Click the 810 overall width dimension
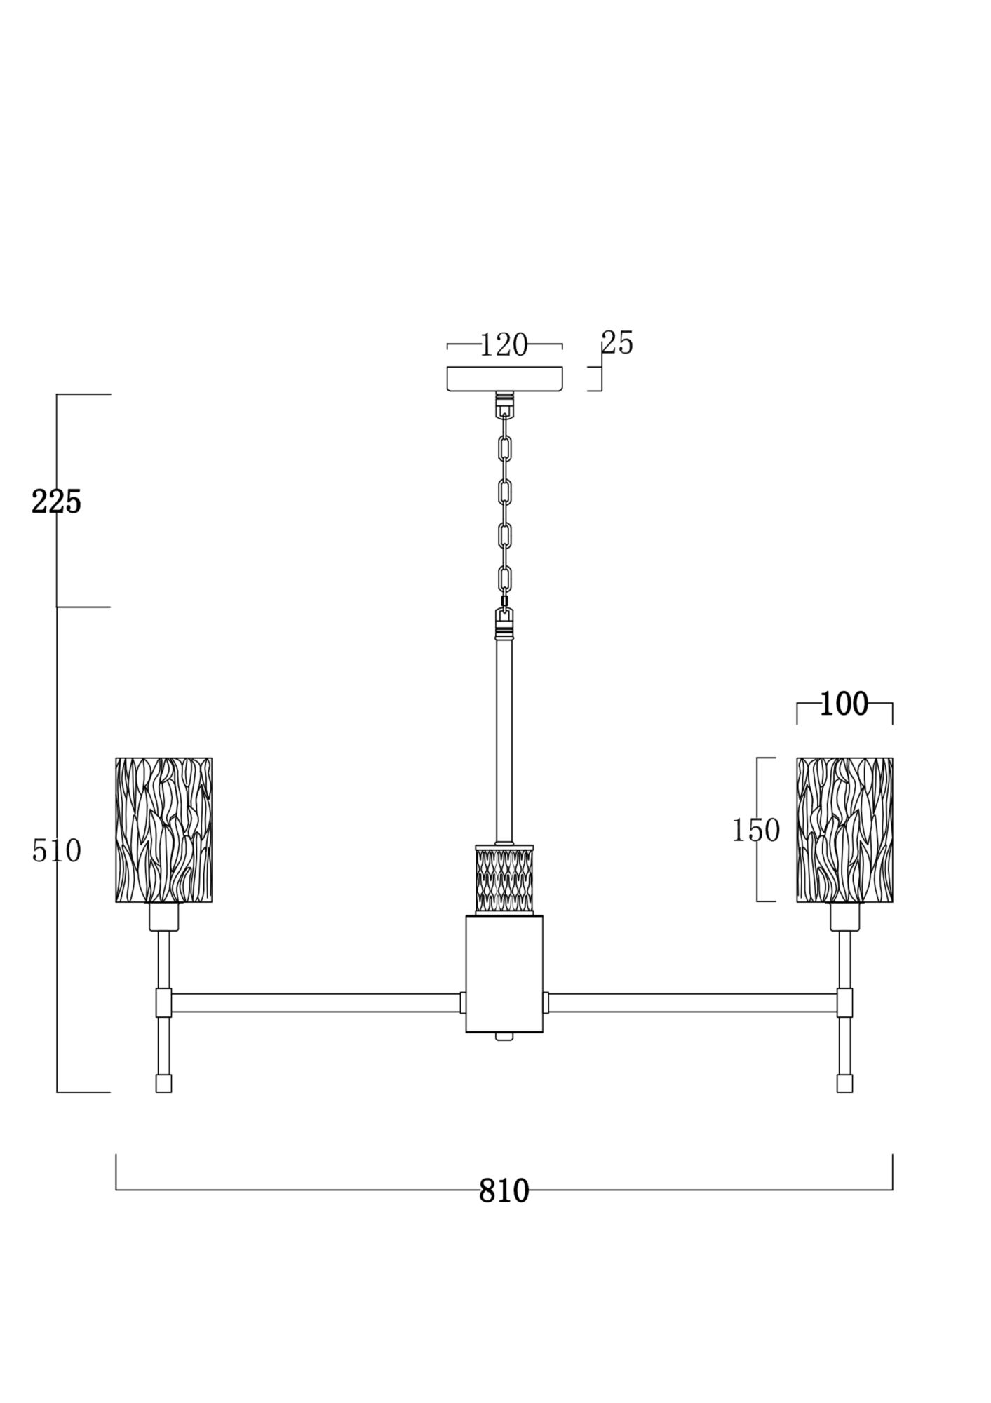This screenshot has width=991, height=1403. pyautogui.click(x=504, y=1190)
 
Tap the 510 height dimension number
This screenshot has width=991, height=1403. pyautogui.click(x=56, y=851)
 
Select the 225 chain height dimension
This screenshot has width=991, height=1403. pyautogui.click(x=56, y=502)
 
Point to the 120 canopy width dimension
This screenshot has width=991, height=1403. pyautogui.click(x=504, y=344)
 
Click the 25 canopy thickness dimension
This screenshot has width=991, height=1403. pyautogui.click(x=617, y=343)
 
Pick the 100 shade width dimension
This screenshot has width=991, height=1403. pyautogui.click(x=844, y=704)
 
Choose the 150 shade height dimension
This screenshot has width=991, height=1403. pyautogui.click(x=755, y=831)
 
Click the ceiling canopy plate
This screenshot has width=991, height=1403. pyautogui.click(x=504, y=378)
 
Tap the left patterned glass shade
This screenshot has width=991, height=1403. pyautogui.click(x=163, y=829)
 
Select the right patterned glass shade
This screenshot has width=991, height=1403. pyautogui.click(x=844, y=829)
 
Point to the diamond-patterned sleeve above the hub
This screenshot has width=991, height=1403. pyautogui.click(x=504, y=879)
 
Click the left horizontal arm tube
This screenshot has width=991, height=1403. pyautogui.click(x=316, y=1002)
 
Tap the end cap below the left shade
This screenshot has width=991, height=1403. pyautogui.click(x=163, y=1083)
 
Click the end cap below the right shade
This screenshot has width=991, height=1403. pyautogui.click(x=844, y=1083)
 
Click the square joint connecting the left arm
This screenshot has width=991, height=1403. pyautogui.click(x=163, y=1002)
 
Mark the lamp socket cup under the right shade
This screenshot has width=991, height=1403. pyautogui.click(x=844, y=916)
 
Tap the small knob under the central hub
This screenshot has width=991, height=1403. pyautogui.click(x=504, y=1036)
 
